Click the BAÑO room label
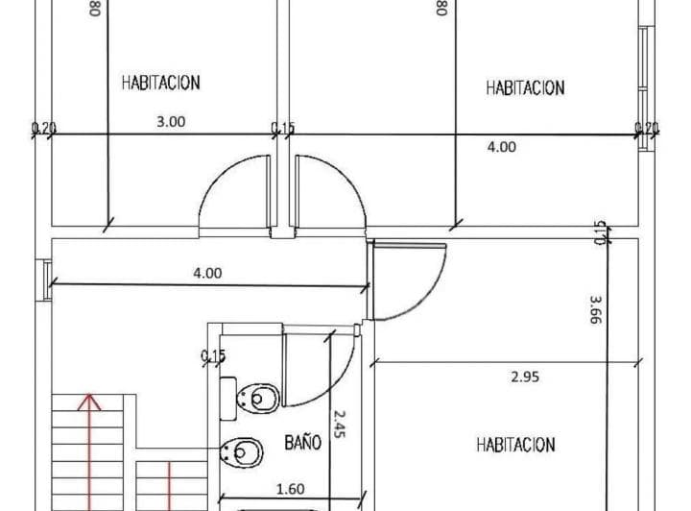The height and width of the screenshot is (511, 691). click(302, 442)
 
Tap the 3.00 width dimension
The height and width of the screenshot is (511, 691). click(171, 122)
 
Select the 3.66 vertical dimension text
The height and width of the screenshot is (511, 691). click(596, 309)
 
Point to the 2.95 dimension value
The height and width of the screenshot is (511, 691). click(525, 377)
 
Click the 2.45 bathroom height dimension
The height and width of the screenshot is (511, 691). click(340, 425)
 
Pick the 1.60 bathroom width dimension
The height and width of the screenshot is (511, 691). click(291, 489)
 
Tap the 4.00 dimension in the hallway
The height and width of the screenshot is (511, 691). click(207, 274)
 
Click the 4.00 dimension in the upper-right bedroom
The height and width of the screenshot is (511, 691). click(502, 147)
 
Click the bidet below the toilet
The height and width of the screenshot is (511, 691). click(242, 452)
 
